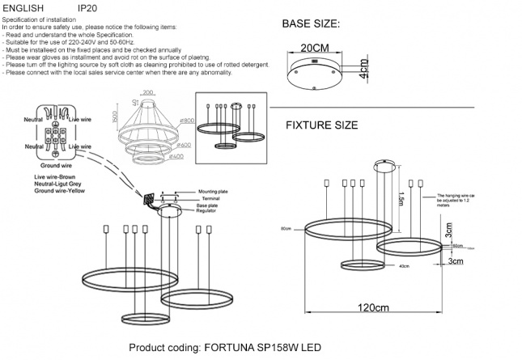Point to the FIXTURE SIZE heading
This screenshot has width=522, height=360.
[321, 125]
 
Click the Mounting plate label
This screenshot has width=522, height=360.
[217, 192]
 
